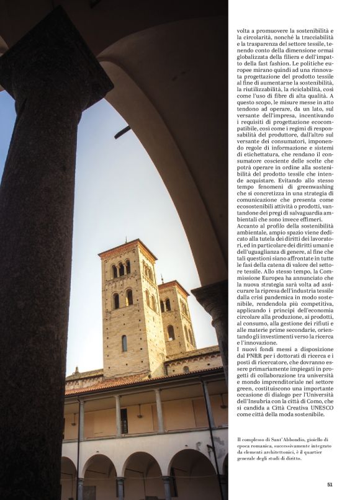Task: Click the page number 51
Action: click(330, 484)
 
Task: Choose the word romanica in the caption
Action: click(264, 446)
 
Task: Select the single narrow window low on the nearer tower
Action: click(124, 342)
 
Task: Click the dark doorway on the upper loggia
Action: click(124, 421)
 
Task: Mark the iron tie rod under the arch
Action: click(122, 132)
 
